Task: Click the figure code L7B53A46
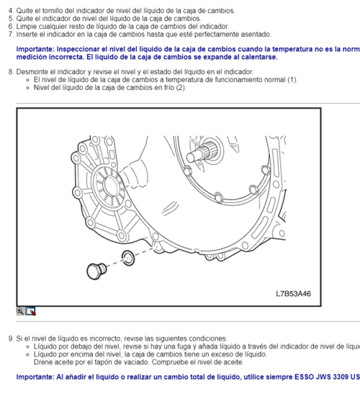[x=296, y=294]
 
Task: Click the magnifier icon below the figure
[x=21, y=311]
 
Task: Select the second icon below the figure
[x=31, y=311]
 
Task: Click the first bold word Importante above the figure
[x=37, y=49]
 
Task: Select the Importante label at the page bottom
[x=37, y=377]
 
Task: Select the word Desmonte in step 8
[x=32, y=72]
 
